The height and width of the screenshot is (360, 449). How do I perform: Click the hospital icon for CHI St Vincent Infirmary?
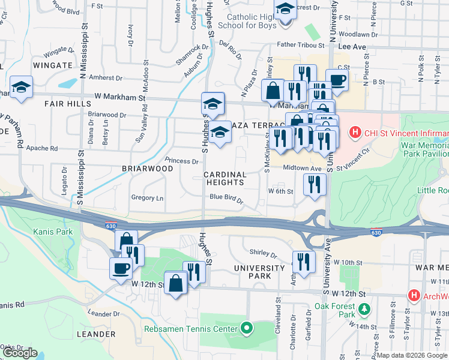(355, 132)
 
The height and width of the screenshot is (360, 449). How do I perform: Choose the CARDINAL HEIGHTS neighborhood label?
(225, 179)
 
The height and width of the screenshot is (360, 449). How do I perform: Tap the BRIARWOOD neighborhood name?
(147, 169)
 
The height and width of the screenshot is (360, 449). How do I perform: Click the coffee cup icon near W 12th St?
(121, 268)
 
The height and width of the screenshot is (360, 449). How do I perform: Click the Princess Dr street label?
(181, 161)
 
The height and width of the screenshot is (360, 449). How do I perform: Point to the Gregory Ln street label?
(147, 198)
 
